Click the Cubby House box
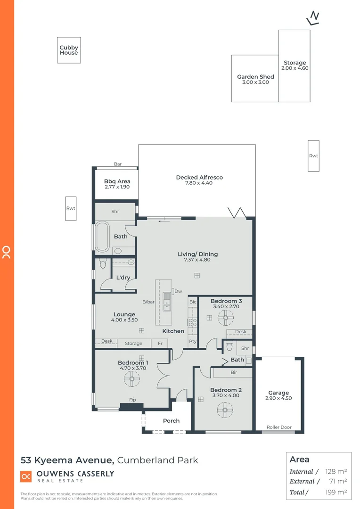69,50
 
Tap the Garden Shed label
255,77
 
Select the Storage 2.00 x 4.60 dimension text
295,68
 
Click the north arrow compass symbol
313,18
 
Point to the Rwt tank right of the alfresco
313,156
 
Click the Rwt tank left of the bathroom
71,208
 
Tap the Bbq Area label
117,181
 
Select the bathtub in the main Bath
102,237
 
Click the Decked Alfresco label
199,178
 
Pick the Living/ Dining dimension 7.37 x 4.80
197,260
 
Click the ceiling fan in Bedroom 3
226,318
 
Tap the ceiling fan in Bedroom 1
131,378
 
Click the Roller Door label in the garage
279,427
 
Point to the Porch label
172,421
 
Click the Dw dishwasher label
178,292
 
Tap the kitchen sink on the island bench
167,302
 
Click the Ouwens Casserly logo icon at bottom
26,476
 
